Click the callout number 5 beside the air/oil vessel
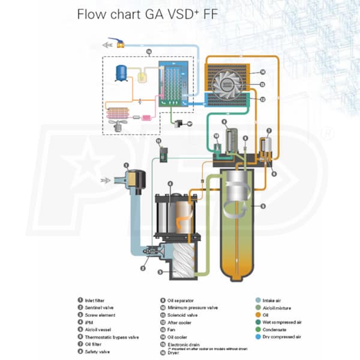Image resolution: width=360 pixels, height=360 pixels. [x=262, y=206]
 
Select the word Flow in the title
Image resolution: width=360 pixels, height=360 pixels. [x=90, y=14]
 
